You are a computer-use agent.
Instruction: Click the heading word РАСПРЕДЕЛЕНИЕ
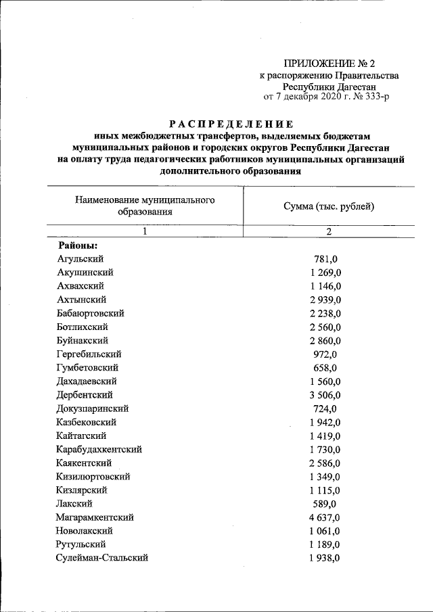(x=231, y=124)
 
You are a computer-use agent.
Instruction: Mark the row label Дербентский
(x=85, y=395)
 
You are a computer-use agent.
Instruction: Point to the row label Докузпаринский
(x=93, y=408)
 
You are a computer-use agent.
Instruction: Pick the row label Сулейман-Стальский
(x=103, y=558)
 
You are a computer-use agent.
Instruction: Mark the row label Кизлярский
(x=82, y=490)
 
